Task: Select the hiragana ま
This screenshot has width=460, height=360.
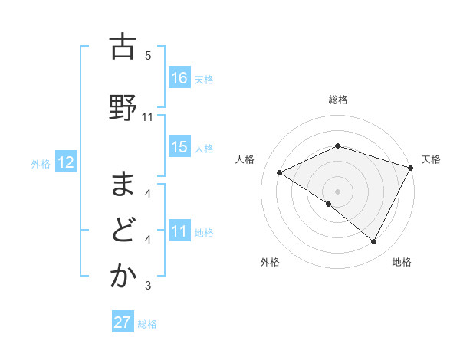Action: coord(122,185)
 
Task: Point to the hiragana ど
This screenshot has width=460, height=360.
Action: coord(122,231)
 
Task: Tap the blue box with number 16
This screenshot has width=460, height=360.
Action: coord(179,78)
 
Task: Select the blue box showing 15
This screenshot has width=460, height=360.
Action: coord(179,147)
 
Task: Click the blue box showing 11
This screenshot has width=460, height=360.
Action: coord(179,231)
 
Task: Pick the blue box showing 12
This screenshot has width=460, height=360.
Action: coord(65,162)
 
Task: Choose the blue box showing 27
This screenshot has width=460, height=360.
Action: coord(123,322)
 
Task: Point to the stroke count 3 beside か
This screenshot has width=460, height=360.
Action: coord(148,286)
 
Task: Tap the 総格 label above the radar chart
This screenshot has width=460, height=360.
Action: coord(338,100)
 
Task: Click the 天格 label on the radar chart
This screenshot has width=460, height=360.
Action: coord(431,159)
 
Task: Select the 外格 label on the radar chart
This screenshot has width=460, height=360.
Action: coord(270,263)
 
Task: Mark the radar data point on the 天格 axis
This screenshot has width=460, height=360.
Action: coord(412,168)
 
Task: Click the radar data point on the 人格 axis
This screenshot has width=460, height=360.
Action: coord(280,172)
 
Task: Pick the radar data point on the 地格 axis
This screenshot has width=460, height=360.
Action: coord(374,242)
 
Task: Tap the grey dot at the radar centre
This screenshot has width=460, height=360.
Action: coord(337,191)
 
